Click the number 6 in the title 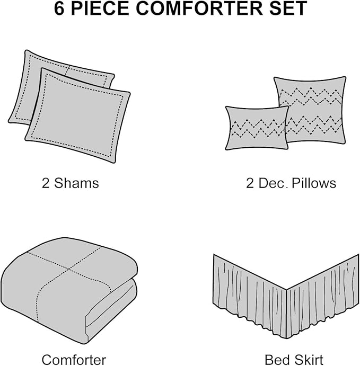59,8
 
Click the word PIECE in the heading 100,8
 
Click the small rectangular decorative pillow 257,128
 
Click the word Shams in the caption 76,183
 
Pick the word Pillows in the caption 314,183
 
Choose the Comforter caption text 74,360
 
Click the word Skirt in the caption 309,360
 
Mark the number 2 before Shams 46,183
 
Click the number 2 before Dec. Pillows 250,183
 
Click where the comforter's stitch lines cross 68,269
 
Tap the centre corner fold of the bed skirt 286,290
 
